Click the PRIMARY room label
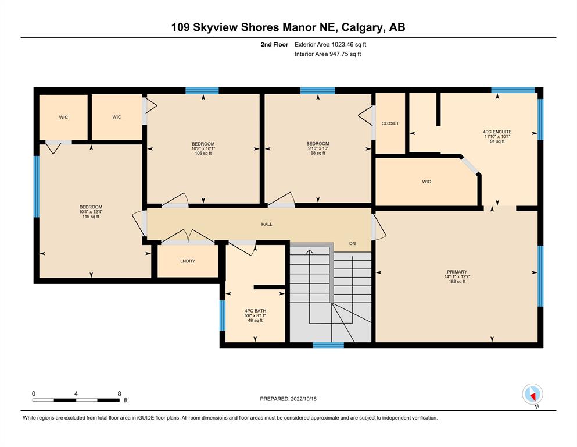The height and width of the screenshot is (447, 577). tap(457, 272)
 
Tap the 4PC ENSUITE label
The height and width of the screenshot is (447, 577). tap(497, 132)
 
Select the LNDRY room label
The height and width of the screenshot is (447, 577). tap(188, 261)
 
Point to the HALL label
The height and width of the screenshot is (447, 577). tap(267, 224)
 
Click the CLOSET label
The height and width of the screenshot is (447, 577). tap(390, 123)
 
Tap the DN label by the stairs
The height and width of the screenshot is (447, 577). tap(353, 244)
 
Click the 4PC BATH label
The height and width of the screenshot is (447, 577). tap(256, 311)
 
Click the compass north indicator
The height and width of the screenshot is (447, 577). tap(532, 395)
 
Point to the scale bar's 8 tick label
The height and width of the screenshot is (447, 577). tap(119, 393)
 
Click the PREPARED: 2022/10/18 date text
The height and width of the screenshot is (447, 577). tap(288, 399)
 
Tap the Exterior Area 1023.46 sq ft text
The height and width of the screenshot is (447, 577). tap(331, 45)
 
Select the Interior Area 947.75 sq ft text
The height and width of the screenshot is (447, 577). tap(328, 54)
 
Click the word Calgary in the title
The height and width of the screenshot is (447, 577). tap(362, 27)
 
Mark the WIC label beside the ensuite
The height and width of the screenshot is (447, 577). tap(427, 182)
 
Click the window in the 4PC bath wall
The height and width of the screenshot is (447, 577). tap(223, 316)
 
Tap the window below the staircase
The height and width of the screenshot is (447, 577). tap(328, 345)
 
